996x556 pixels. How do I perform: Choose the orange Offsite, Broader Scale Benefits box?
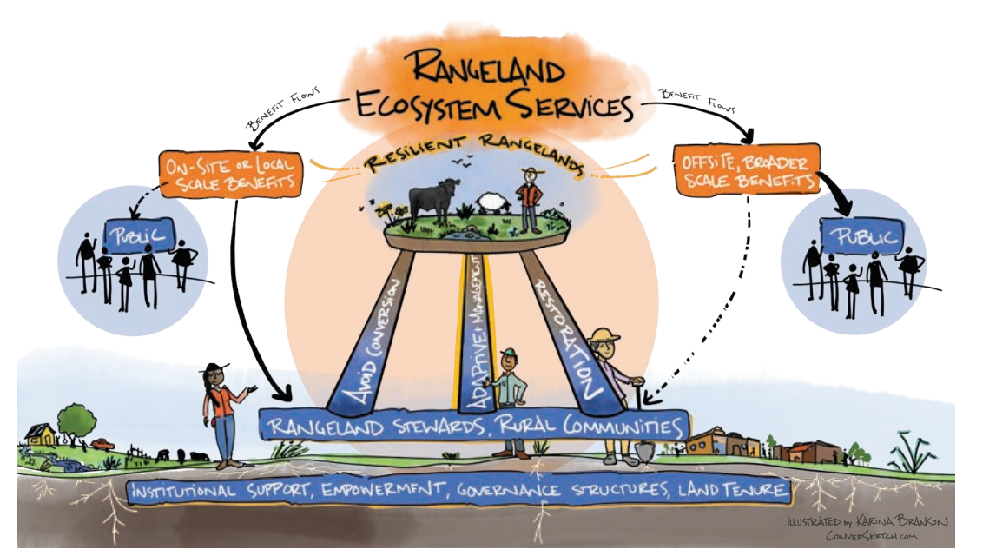[745, 169]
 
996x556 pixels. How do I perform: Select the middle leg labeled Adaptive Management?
[477, 330]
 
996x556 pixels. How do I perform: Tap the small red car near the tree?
[102, 444]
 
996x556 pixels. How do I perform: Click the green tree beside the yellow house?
[77, 420]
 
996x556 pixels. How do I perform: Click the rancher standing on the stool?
[529, 197]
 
